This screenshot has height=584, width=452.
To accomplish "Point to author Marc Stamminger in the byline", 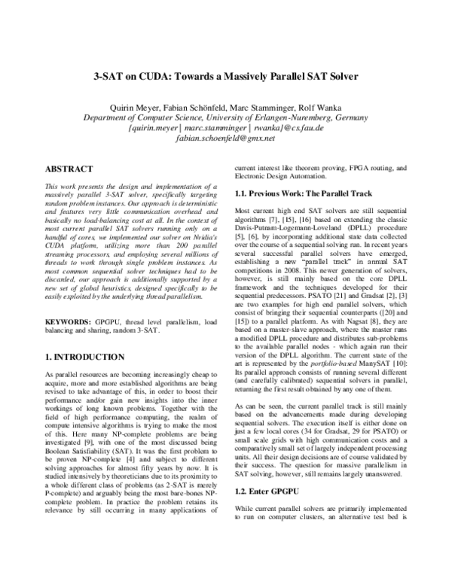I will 246,106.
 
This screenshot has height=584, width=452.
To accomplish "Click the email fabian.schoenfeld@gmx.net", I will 225,139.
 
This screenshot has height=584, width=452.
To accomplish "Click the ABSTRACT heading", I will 69,169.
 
